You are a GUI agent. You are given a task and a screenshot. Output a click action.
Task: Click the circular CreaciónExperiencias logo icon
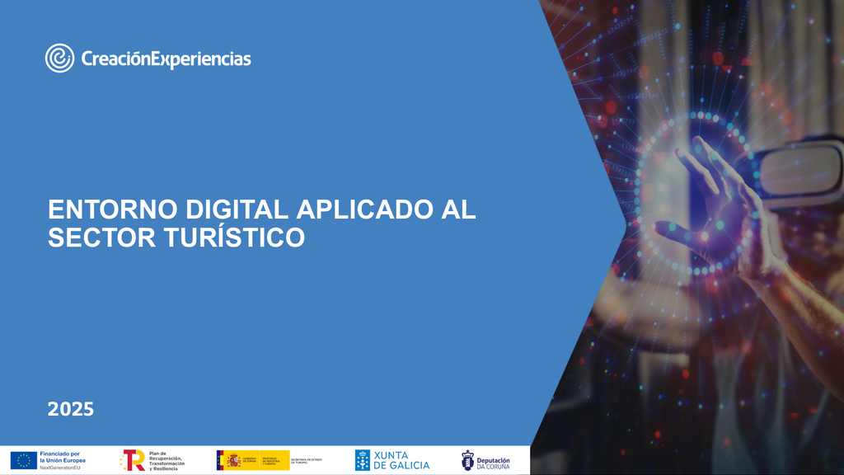(x=59, y=58)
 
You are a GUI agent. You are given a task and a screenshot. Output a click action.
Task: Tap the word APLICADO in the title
(x=360, y=209)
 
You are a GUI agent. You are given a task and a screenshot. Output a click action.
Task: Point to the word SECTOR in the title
(x=90, y=237)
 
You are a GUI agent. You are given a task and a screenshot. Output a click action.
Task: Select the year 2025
(x=71, y=409)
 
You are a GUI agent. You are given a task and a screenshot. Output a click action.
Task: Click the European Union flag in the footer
(x=23, y=460)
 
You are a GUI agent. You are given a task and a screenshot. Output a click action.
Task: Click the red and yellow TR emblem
(x=133, y=460)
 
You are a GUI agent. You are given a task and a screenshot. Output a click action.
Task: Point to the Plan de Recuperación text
(x=166, y=460)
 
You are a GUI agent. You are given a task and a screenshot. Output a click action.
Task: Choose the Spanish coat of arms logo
(x=234, y=460)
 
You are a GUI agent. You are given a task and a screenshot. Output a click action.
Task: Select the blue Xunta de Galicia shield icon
(x=362, y=460)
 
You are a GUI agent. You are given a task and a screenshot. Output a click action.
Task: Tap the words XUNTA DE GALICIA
(x=401, y=460)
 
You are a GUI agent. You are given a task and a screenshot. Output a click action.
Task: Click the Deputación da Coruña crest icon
(x=467, y=460)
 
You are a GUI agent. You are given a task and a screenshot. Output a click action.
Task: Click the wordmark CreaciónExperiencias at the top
(x=166, y=59)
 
